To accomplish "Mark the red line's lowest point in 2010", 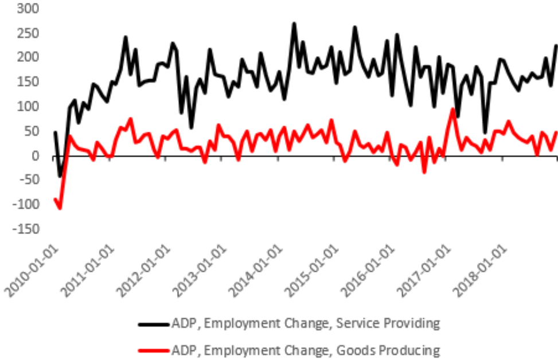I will coord(59,208).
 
